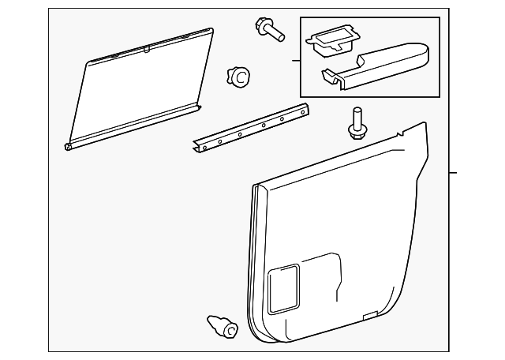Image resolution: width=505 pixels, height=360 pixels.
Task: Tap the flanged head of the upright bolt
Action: tap(355, 131)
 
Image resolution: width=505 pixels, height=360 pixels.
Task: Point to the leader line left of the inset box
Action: tap(297, 60)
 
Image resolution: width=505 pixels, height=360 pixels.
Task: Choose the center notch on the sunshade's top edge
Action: tap(147, 48)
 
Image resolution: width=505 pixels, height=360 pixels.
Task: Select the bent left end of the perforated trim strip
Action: tap(197, 147)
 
